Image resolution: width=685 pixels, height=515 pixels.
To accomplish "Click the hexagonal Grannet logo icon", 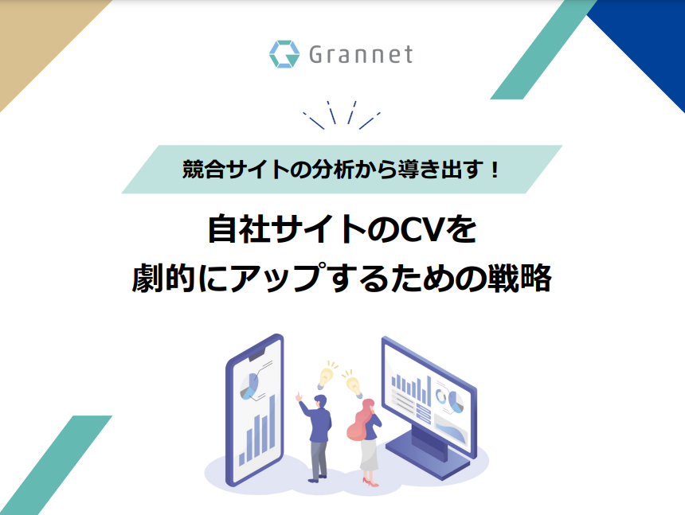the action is pos(284,54).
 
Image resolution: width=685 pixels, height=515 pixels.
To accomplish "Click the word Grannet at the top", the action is pos(361,55).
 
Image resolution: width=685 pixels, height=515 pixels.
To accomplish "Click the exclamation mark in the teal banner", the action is pos(495,170).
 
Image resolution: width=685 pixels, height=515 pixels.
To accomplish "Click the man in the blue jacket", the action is pos(316,436).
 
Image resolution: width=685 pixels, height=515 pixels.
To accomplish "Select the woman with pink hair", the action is pos(366,442).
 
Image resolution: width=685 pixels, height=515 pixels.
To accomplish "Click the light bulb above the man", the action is pos(326,375).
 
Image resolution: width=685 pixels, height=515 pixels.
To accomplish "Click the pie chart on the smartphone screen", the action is pos(249,386).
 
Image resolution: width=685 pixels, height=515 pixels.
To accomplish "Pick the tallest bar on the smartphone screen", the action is pos(272,422).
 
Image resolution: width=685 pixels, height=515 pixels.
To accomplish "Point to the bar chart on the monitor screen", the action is pos(411,388).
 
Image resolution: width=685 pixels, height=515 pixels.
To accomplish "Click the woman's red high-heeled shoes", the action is pos(370,482).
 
